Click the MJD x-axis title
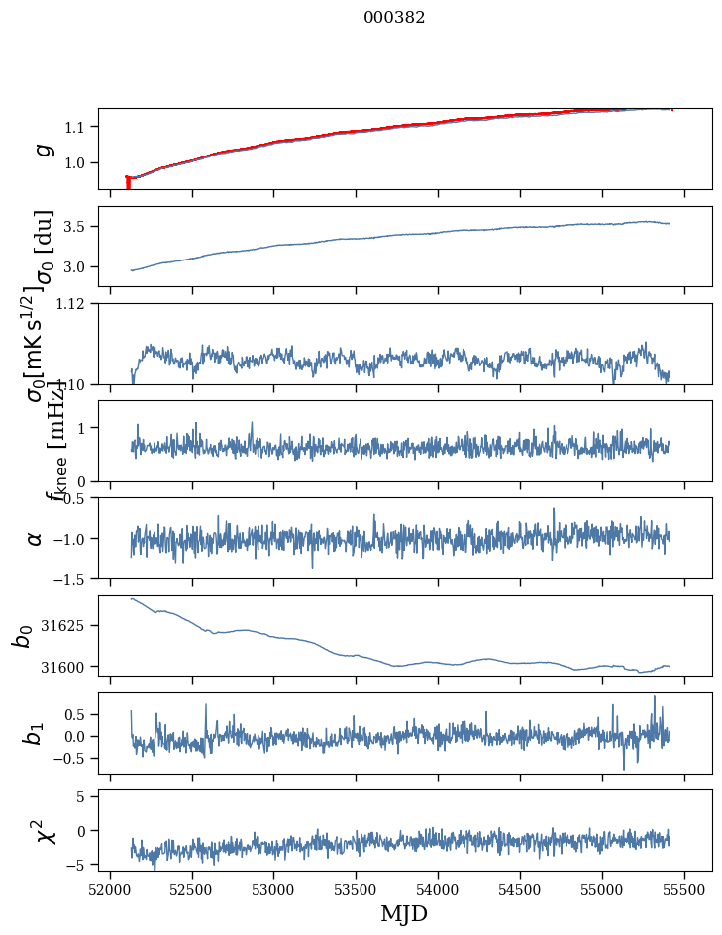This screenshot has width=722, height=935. tap(404, 913)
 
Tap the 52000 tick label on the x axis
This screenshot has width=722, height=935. tap(110, 889)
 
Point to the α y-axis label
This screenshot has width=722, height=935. tap(36, 538)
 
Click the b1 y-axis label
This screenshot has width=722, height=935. tap(36, 733)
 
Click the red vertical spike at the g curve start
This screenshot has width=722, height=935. tap(128, 183)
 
